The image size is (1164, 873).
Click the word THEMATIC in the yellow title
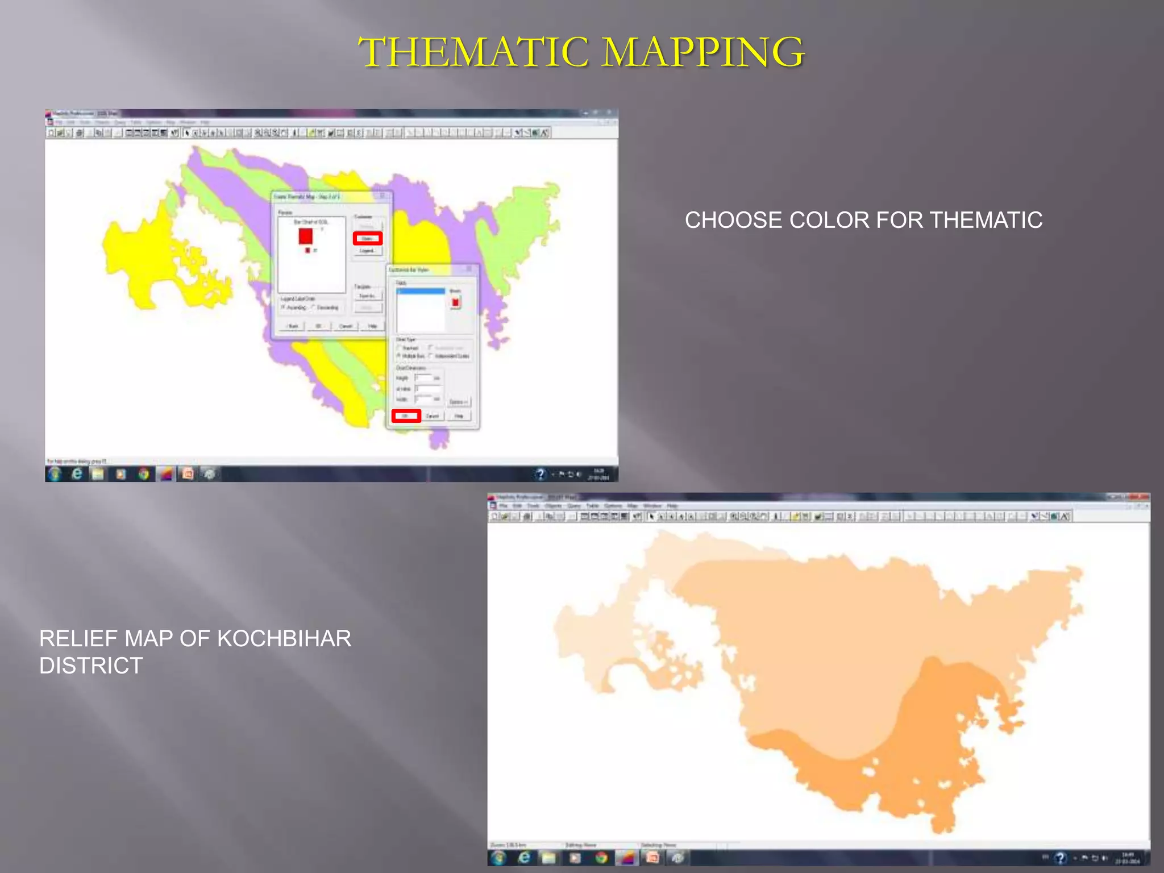point(475,52)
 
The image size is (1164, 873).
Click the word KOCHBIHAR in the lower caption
point(284,639)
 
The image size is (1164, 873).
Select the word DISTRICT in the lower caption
point(91,666)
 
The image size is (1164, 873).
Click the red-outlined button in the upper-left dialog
point(367,238)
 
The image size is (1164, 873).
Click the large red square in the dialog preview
point(306,235)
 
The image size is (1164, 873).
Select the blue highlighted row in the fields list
point(421,291)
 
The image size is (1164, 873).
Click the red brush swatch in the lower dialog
point(455,302)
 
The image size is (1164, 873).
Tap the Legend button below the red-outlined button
point(367,251)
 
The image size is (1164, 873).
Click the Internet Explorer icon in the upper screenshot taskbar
point(77,473)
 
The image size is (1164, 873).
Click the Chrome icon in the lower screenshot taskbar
point(601,858)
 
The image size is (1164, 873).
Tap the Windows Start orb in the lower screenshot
point(498,858)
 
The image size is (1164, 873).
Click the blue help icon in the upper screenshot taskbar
point(541,473)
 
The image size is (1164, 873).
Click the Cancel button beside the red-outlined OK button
point(433,416)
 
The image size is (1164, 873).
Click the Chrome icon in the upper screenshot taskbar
point(144,473)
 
